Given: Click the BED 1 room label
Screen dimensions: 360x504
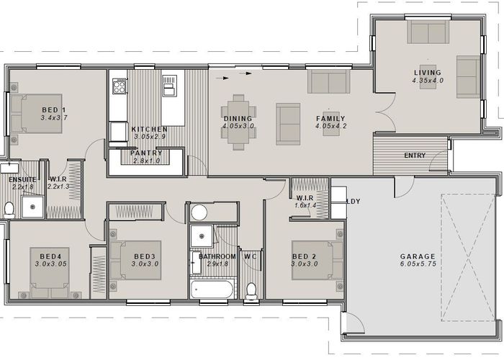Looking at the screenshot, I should click(54, 109).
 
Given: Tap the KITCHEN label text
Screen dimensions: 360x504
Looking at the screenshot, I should click(149, 129).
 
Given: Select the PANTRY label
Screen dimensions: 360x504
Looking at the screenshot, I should click(146, 153).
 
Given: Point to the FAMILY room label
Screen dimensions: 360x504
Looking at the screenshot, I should click(330, 119).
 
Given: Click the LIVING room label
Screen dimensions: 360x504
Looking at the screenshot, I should click(428, 73).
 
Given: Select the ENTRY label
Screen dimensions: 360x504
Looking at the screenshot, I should click(415, 156).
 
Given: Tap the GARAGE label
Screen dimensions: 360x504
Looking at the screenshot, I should click(418, 256).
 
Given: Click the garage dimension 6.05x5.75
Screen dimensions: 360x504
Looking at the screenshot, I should click(418, 265).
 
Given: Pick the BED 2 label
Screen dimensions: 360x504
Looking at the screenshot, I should click(305, 256).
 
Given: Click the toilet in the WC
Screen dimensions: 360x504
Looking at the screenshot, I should click(251, 289).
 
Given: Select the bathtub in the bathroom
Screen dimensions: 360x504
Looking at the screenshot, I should click(212, 289).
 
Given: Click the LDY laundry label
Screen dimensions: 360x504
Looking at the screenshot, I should click(353, 202).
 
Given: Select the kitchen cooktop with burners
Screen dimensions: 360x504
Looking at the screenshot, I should click(118, 86).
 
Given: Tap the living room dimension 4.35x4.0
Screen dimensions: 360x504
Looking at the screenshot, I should click(428, 81).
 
